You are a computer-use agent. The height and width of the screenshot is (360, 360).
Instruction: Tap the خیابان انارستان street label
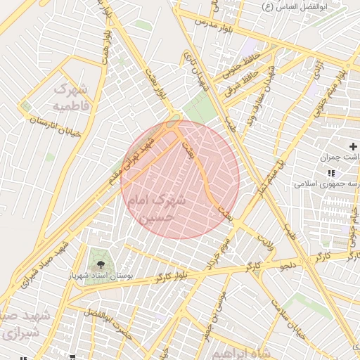point(56,127)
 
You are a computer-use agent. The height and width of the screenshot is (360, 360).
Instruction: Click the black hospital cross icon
point(353,146)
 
